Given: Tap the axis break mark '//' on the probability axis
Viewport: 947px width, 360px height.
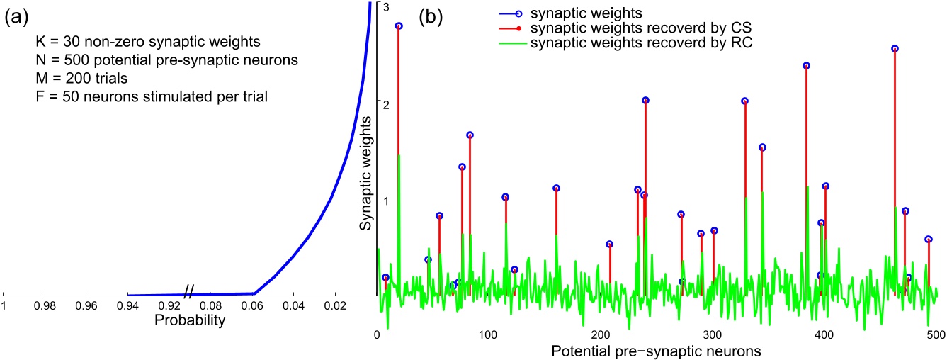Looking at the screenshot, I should coord(189,291).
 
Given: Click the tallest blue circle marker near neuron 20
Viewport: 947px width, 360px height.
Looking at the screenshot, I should coord(399,26).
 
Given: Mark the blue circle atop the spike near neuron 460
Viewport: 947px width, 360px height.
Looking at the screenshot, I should coord(895,49).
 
